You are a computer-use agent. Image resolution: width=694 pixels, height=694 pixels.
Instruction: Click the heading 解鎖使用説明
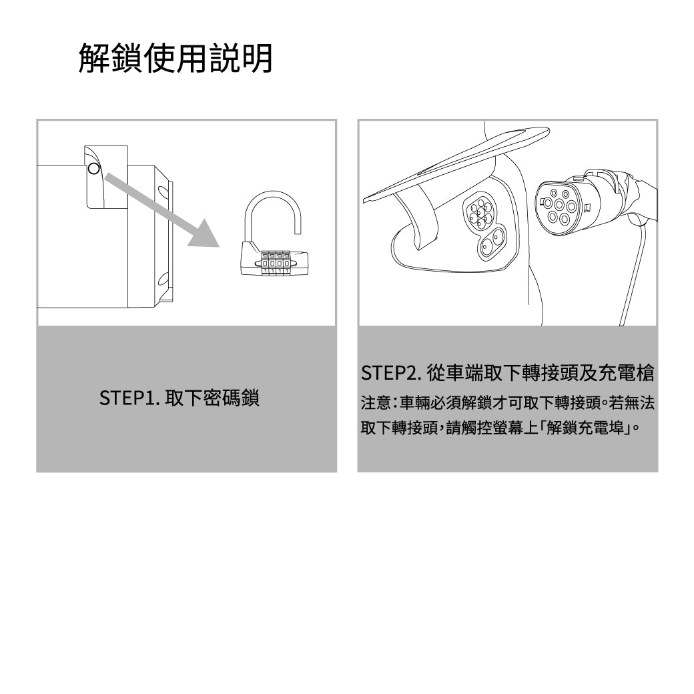(176, 58)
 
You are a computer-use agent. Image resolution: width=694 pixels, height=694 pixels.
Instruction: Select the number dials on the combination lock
(276, 264)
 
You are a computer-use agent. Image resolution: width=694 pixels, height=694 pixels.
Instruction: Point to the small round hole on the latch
(94, 168)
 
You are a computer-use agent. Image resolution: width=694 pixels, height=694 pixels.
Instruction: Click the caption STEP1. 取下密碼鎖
(180, 398)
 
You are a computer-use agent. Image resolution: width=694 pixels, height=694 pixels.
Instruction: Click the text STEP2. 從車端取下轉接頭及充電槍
(508, 372)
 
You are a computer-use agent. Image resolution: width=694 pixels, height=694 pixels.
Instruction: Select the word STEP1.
(129, 398)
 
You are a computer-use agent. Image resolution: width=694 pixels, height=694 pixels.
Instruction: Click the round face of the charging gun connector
(559, 207)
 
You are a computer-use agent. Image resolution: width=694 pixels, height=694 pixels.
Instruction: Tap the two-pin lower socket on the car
(491, 242)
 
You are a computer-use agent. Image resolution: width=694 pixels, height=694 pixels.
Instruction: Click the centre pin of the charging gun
(559, 205)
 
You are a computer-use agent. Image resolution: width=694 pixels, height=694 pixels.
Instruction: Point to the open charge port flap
(456, 163)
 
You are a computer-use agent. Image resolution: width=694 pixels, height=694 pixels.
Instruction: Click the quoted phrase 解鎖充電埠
(585, 428)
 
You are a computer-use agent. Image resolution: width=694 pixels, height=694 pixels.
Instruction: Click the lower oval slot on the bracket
(162, 279)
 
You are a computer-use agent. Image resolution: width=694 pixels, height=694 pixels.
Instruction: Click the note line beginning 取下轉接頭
(500, 428)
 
